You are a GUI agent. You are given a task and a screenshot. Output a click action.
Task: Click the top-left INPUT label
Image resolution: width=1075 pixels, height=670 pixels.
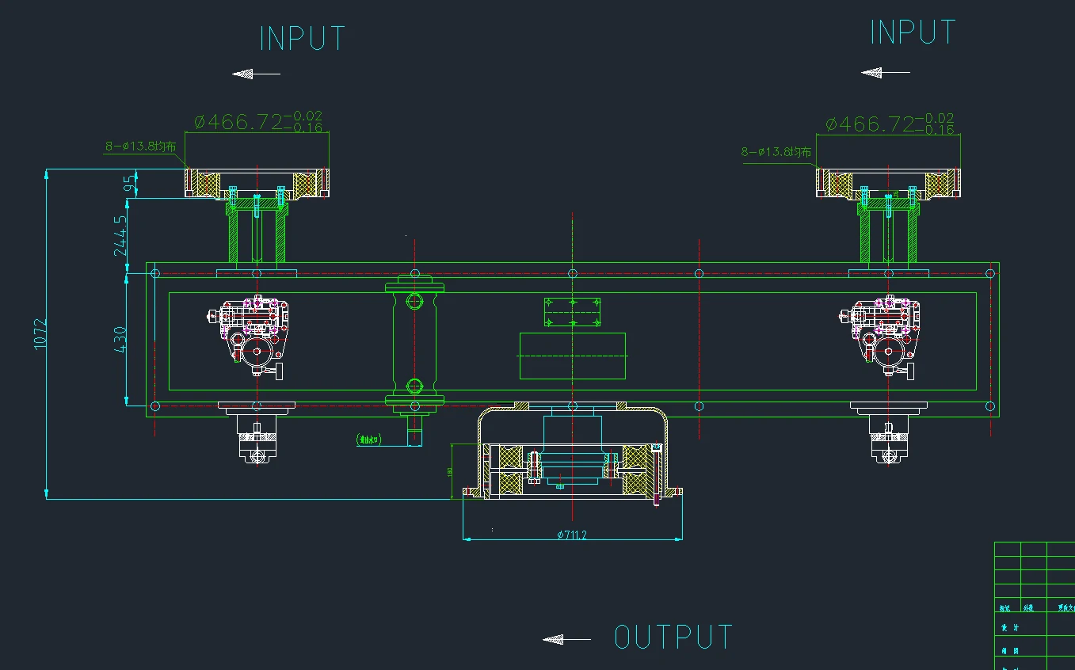pos(303,39)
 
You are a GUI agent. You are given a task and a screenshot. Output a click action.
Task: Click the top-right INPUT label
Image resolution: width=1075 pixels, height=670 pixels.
pos(913,32)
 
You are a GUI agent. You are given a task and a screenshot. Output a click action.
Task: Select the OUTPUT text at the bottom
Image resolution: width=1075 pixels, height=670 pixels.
pos(673,638)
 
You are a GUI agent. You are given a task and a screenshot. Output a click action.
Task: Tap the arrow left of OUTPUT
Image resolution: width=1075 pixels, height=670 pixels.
pos(566,639)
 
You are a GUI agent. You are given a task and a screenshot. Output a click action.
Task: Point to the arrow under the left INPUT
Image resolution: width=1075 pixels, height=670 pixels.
pos(256,74)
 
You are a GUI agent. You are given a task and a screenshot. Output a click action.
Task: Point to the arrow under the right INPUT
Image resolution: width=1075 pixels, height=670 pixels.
pos(885,73)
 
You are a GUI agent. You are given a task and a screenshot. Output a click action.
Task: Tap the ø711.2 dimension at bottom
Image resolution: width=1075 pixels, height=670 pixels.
pos(571,535)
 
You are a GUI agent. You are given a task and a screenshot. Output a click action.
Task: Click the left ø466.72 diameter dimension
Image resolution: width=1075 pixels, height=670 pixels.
pos(258,122)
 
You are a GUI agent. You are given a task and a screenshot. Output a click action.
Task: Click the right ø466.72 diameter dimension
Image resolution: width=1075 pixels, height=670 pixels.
pos(889,124)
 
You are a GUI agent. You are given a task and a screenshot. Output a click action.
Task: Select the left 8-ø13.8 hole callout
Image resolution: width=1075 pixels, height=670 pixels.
pos(140,147)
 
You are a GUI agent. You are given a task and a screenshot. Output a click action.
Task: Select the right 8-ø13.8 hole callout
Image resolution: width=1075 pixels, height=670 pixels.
pos(776,151)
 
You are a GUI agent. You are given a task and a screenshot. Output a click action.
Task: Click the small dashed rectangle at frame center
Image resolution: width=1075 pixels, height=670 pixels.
pos(572,312)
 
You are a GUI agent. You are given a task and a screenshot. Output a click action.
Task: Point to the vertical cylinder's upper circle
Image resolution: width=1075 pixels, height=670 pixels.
pos(414,301)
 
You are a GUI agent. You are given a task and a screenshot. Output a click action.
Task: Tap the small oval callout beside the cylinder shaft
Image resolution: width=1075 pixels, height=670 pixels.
pos(369,439)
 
